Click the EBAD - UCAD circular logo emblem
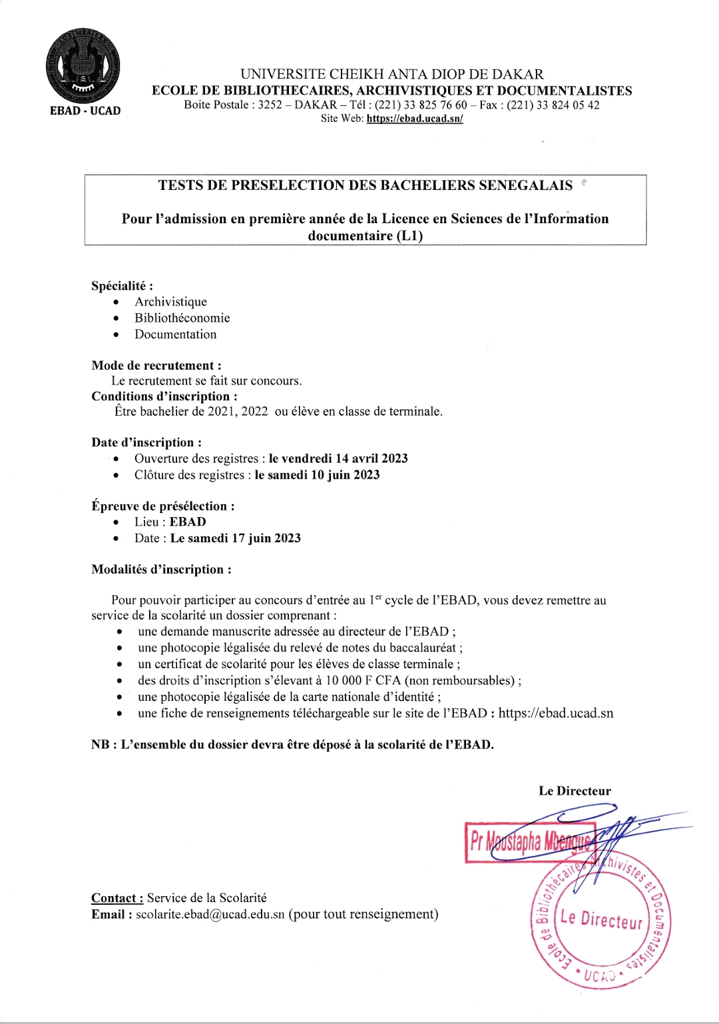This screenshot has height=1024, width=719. click(x=83, y=66)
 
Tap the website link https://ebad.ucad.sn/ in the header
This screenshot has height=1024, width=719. click(x=414, y=119)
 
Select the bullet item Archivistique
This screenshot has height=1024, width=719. click(x=170, y=302)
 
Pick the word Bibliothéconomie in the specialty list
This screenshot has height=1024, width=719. click(x=182, y=318)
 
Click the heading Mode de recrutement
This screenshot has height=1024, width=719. click(x=156, y=365)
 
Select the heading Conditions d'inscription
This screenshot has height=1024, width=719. click(x=164, y=396)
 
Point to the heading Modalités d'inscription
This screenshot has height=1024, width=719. click(x=161, y=570)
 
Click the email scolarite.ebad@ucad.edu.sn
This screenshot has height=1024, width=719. click(x=210, y=915)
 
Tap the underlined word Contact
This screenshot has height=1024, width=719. click(x=117, y=898)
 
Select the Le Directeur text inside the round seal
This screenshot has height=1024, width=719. click(x=601, y=919)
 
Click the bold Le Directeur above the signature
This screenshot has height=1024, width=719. click(x=575, y=791)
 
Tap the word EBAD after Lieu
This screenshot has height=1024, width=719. click(x=188, y=522)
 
